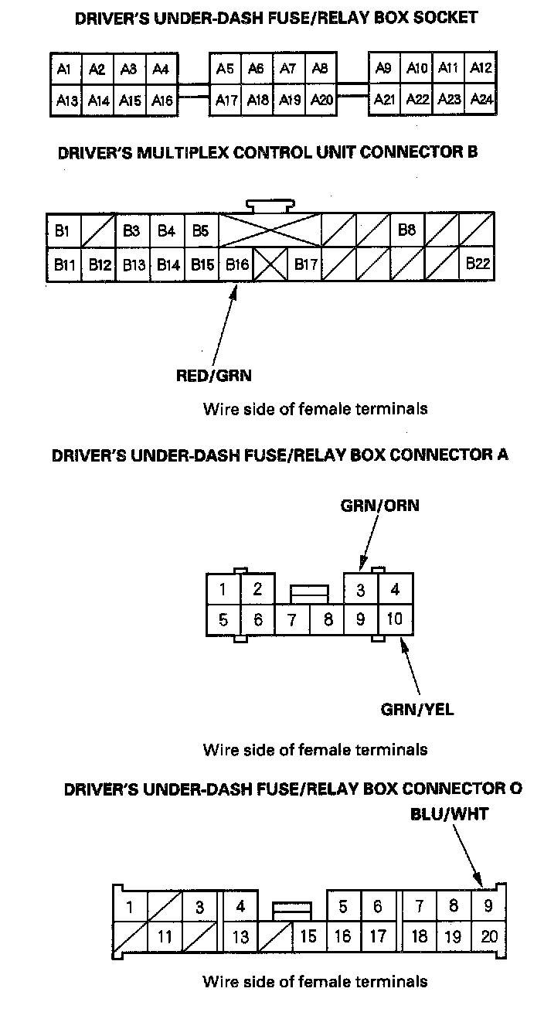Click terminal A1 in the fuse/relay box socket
[64, 70]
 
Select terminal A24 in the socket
[482, 100]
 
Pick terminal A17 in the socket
[226, 100]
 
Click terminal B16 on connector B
[237, 264]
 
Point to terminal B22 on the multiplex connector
[478, 264]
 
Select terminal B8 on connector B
[407, 230]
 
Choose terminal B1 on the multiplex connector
[63, 230]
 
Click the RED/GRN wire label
[214, 377]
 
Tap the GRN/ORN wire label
[379, 506]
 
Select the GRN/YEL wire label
[417, 709]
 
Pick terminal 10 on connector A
[395, 619]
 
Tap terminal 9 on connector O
[488, 906]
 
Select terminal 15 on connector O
[308, 937]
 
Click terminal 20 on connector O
[488, 937]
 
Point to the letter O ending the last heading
[516, 789]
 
